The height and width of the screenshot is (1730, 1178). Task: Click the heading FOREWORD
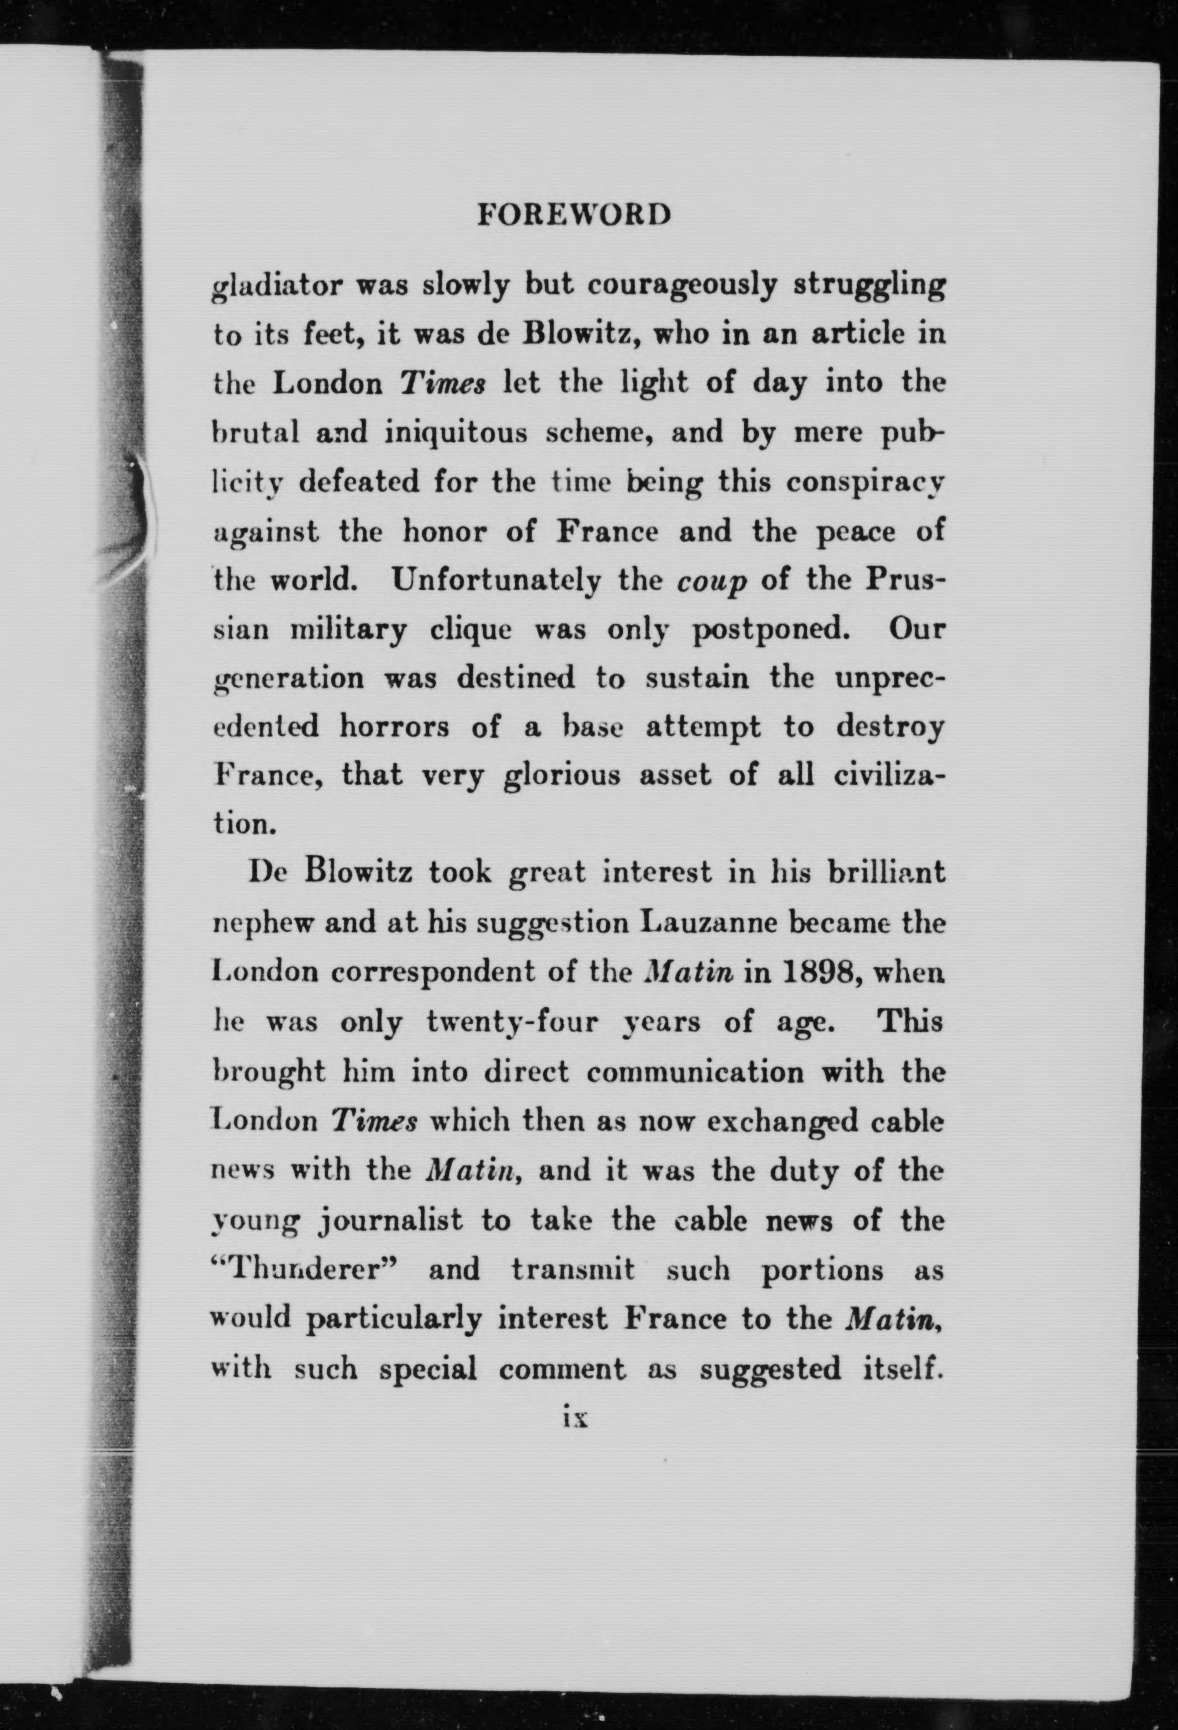click(x=573, y=215)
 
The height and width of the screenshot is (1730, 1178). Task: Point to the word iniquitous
click(x=456, y=433)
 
